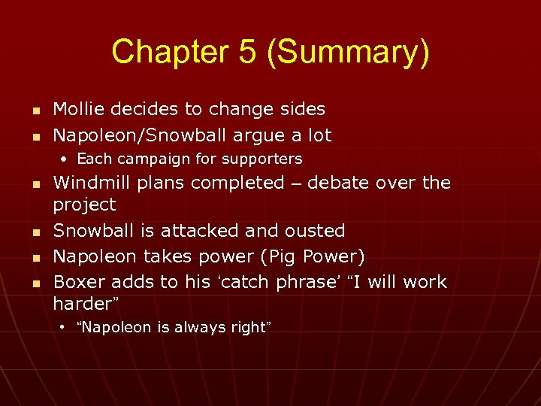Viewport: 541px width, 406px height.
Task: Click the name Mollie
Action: point(79,109)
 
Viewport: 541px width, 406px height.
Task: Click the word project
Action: point(84,205)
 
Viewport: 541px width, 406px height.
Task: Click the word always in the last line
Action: point(193,327)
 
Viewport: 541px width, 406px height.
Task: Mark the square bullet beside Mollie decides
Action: point(35,110)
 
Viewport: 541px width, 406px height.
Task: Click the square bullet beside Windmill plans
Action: point(35,183)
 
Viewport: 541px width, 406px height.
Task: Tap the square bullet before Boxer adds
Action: point(35,283)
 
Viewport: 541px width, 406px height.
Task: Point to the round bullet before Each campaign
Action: point(65,159)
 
